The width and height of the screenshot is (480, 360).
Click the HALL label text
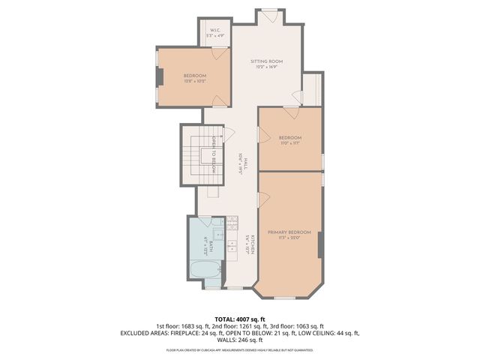tap(241, 163)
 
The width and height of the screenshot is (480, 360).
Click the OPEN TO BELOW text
tap(214, 156)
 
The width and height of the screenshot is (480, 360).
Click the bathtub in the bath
tap(205, 271)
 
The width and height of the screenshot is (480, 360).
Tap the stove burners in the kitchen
tap(232, 222)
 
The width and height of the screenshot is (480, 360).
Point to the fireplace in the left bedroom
tap(159, 78)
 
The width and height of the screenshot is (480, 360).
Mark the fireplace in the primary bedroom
tap(320, 244)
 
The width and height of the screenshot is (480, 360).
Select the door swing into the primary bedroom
tap(263, 198)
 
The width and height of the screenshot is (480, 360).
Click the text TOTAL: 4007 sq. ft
tap(240, 319)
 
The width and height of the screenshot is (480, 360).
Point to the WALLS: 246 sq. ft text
tap(240, 340)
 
